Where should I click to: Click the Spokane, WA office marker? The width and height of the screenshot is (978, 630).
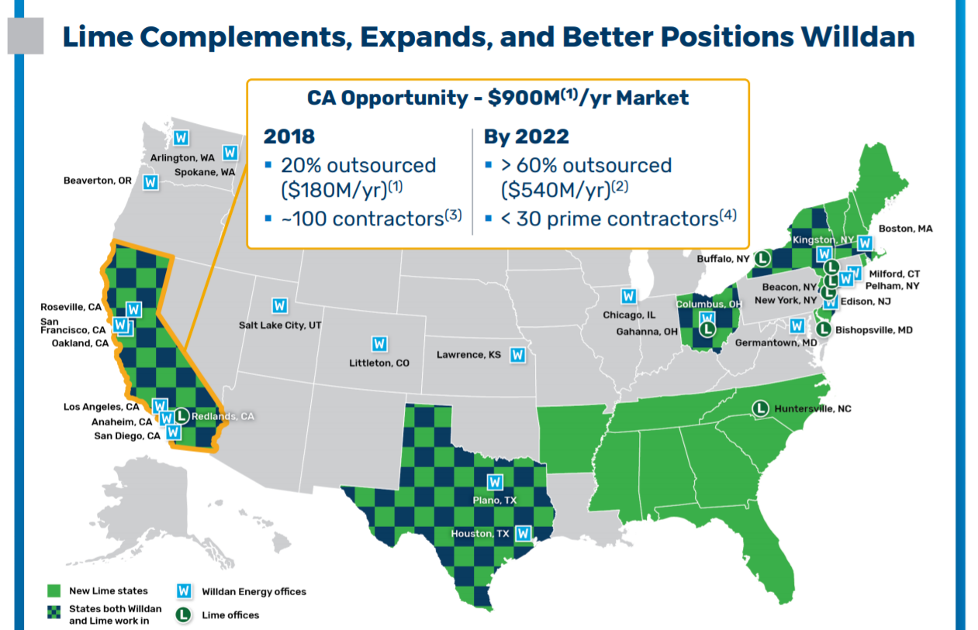(230, 153)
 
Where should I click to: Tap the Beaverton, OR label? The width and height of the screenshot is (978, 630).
(98, 181)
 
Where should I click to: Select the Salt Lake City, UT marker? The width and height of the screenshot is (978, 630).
(279, 305)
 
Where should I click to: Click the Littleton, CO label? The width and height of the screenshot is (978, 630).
(379, 363)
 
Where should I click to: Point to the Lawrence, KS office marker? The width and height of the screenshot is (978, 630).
(517, 355)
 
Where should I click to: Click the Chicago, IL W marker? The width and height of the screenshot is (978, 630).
(628, 296)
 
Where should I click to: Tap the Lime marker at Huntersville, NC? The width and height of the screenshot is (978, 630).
(761, 408)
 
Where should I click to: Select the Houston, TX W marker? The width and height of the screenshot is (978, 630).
(524, 533)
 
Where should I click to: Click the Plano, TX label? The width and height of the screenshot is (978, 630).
(494, 501)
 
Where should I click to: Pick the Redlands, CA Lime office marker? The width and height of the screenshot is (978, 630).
(181, 416)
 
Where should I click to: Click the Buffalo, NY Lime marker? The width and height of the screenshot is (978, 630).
(762, 258)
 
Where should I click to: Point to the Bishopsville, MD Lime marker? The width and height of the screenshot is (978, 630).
(824, 329)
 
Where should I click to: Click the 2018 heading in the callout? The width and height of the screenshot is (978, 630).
(289, 136)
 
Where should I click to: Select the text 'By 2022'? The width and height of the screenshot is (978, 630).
(526, 136)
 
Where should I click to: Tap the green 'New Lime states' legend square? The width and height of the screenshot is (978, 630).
(54, 590)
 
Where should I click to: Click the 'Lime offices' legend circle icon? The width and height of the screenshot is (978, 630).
(184, 615)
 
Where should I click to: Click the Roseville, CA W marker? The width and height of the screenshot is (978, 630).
(133, 309)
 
